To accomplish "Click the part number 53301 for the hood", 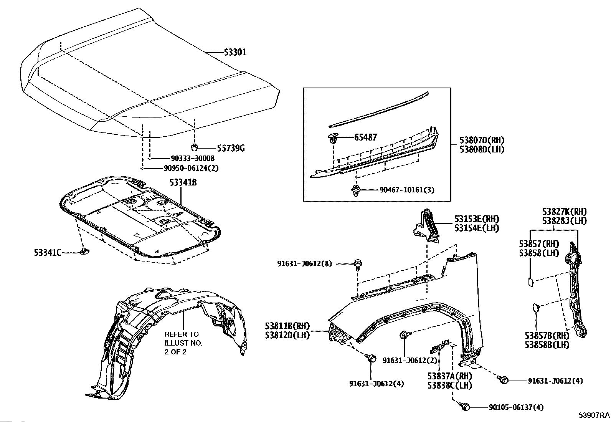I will tap(235, 52).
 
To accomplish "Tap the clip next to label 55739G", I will tap(195, 147).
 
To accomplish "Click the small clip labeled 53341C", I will tap(84, 252).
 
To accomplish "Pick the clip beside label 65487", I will tap(333, 137).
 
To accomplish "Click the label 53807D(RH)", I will tap(482, 141).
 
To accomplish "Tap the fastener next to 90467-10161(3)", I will tap(355, 190).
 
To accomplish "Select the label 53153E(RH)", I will tap(477, 219).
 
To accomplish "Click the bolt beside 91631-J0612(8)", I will tap(358, 263).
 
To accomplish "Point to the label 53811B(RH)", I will tap(287, 326).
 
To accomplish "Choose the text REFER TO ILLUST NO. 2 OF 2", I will tap(183, 343).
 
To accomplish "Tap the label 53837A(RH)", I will tap(449, 376).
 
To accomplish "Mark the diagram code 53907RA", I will tap(594, 415).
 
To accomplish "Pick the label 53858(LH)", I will tap(539, 253).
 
